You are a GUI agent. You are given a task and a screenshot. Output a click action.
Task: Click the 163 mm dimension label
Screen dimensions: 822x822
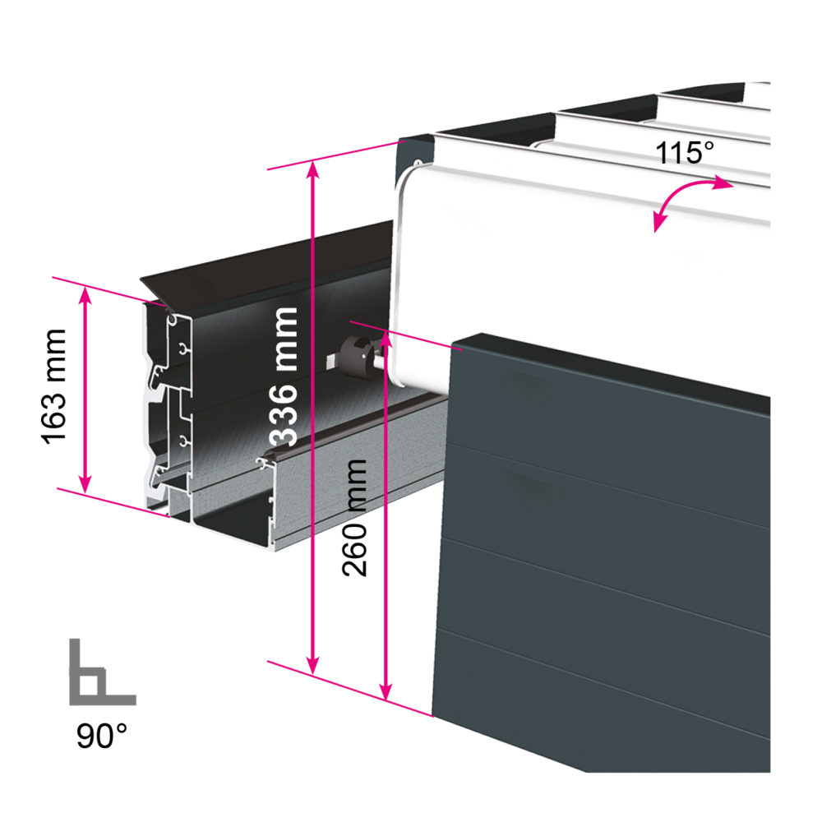54,387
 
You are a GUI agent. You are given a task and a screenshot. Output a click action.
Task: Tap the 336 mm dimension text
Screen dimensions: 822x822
284,376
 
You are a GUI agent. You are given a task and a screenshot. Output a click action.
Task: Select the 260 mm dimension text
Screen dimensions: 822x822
354,518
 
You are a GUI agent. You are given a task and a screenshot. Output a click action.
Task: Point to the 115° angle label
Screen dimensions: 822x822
685,153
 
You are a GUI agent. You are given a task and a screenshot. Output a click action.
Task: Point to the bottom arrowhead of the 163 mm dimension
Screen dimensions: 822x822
85,484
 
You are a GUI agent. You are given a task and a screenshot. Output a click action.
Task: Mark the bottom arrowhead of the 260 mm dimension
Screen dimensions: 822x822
386,691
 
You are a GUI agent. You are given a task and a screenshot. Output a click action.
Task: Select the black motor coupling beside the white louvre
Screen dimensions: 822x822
359,357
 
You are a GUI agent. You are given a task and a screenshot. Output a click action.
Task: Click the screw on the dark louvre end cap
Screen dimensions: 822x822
418,162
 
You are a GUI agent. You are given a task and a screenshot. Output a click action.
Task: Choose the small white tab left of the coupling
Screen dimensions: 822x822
333,361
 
